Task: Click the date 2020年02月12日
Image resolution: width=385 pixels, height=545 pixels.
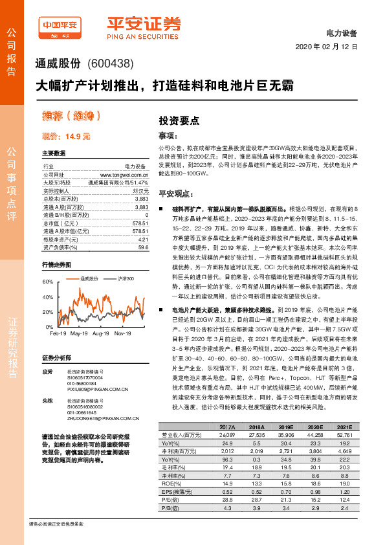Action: tap(326, 48)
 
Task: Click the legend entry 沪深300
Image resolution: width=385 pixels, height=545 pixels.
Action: tap(125, 278)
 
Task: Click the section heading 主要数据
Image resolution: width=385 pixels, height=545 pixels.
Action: tap(54, 154)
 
